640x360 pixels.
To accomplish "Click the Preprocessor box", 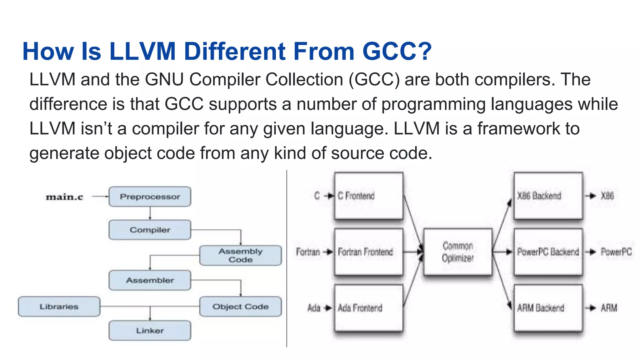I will [x=150, y=197].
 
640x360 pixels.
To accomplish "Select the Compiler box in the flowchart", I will [x=150, y=230].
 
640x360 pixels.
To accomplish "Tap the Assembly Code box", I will [x=240, y=255].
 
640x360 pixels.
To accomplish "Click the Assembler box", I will [x=150, y=280].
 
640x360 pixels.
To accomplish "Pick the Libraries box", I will [x=59, y=307].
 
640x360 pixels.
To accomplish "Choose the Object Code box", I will [x=240, y=307].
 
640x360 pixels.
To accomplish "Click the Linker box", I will [x=150, y=331].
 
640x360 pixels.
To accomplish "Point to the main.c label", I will [x=64, y=197].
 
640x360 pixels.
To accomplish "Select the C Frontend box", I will [x=368, y=196].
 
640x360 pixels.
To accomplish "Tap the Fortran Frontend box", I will [x=368, y=252].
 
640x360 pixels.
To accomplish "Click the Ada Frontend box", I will [x=368, y=308].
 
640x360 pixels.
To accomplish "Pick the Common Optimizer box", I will [x=458, y=252].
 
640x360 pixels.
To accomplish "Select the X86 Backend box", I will [x=548, y=196].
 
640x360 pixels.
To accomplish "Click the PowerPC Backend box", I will [x=548, y=252].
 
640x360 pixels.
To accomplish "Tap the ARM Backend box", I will [x=548, y=308].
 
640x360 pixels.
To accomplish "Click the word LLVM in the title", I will [x=142, y=51].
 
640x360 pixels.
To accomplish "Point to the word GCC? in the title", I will [x=397, y=51].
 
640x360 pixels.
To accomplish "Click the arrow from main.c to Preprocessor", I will [x=100, y=197].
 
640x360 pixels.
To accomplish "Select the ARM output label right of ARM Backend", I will [x=609, y=308].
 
